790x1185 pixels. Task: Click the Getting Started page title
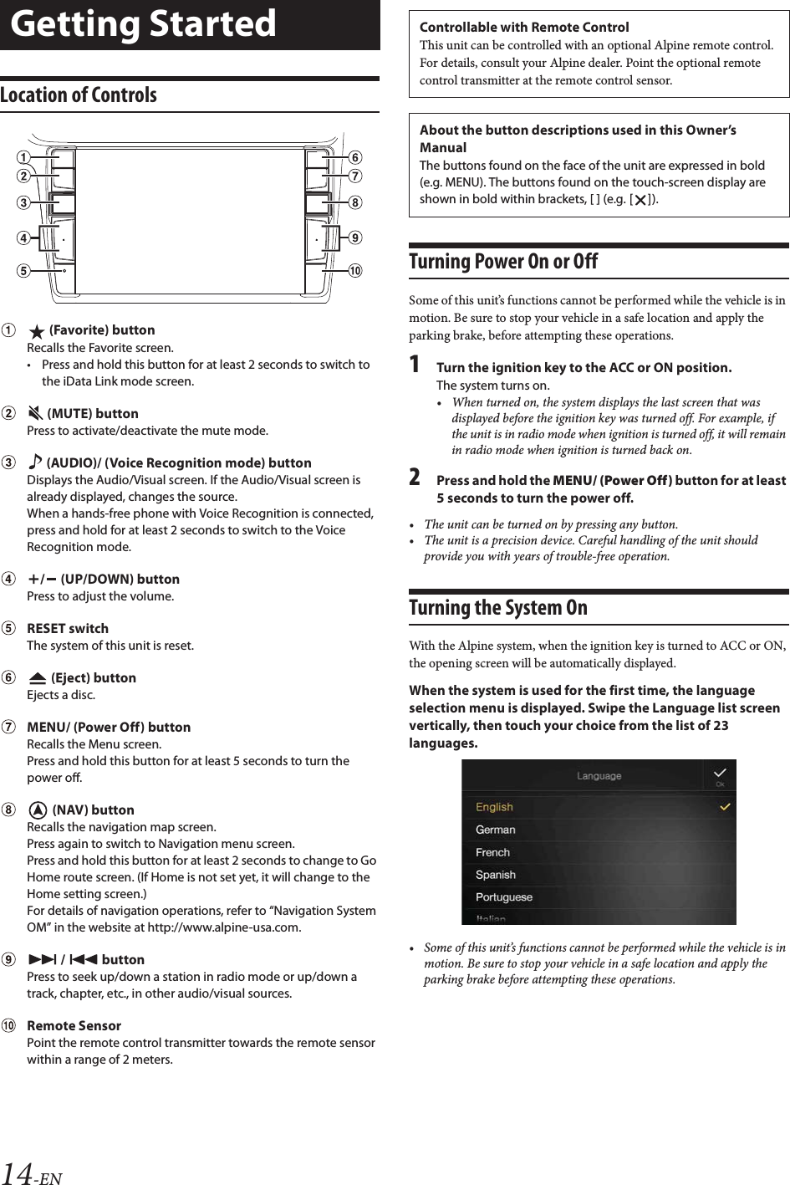point(144,24)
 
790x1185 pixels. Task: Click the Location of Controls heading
point(79,95)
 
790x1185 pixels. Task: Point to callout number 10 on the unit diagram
point(355,271)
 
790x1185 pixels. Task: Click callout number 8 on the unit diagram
point(355,202)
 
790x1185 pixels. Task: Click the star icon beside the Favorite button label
point(36,330)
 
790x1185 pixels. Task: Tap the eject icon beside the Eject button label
point(37,678)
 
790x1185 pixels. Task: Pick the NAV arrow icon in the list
point(37,810)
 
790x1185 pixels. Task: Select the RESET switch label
point(68,629)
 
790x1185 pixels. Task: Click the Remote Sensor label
point(74,1026)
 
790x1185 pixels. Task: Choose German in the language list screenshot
point(496,830)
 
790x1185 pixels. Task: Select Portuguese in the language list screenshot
point(504,897)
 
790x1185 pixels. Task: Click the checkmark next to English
point(725,807)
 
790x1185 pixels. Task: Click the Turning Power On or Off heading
point(503,262)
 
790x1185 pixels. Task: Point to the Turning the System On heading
point(498,608)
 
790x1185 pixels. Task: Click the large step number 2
point(415,478)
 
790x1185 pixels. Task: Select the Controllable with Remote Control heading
point(524,28)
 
